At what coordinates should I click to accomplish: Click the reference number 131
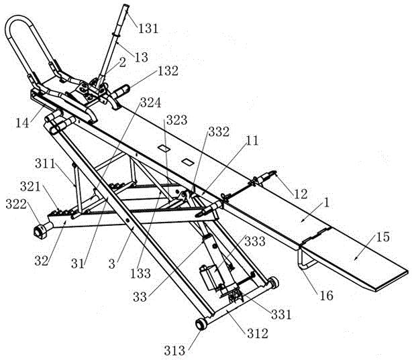point(148,28)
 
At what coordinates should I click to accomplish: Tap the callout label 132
point(168,71)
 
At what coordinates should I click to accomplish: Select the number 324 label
point(150,103)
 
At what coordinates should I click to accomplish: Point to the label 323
point(177,120)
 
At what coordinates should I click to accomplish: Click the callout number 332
point(219,132)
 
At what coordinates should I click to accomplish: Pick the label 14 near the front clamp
point(22,123)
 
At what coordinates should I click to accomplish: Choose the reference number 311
point(45,164)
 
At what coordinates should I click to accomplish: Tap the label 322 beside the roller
point(16,204)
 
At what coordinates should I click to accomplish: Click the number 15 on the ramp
point(383,237)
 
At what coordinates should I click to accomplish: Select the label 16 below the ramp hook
point(327,296)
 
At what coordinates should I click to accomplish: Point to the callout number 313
point(174,351)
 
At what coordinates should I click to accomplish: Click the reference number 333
point(255,241)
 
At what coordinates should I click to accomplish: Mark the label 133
point(140,274)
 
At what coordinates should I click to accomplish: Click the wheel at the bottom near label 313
point(201,324)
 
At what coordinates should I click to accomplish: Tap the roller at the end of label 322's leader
point(40,231)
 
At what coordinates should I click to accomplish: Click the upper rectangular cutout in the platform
point(164,148)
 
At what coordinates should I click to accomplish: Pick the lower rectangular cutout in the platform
point(188,162)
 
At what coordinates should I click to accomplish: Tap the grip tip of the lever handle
point(126,7)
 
